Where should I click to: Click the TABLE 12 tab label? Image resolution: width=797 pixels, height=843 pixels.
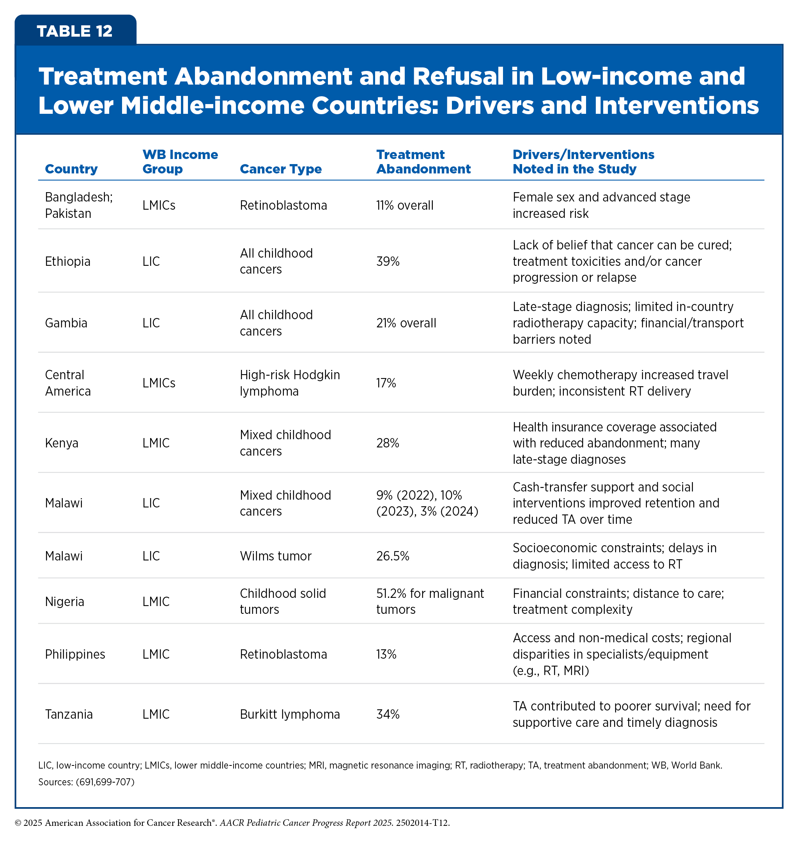click(74, 31)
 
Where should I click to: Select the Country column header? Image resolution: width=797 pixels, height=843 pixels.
click(71, 169)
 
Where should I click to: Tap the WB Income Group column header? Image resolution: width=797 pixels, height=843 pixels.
click(180, 161)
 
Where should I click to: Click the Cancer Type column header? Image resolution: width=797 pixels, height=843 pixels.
click(280, 169)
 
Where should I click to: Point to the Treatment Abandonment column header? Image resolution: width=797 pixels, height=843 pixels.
click(423, 161)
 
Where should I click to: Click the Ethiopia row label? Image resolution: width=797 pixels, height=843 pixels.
click(67, 261)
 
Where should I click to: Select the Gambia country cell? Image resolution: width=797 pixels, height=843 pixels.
click(66, 323)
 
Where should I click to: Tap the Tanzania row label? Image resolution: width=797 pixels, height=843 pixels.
click(69, 714)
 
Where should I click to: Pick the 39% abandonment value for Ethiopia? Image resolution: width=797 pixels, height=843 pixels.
click(388, 261)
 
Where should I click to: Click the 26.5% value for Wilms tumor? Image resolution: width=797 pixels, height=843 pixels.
click(393, 556)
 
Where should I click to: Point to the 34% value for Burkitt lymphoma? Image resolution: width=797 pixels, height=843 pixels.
click(388, 714)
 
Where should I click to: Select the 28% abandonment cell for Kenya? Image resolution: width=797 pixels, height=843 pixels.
click(388, 443)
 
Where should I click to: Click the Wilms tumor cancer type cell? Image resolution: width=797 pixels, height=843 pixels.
click(275, 556)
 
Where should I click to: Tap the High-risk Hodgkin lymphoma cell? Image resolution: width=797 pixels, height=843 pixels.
click(290, 383)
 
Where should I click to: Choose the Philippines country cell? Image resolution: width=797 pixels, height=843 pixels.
click(75, 654)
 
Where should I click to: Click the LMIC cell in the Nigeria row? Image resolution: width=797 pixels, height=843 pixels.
click(156, 601)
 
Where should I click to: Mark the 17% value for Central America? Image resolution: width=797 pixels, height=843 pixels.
click(386, 383)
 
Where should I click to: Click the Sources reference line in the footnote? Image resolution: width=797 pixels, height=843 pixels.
click(86, 782)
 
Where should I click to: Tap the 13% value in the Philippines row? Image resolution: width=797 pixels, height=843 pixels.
click(386, 654)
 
